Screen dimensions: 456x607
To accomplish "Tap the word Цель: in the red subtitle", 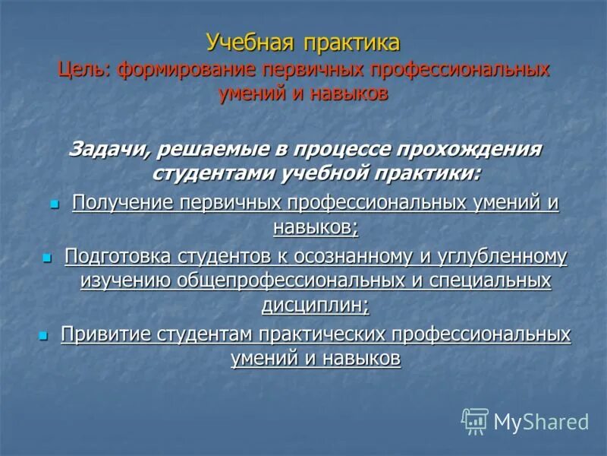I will pyautogui.click(x=82, y=70).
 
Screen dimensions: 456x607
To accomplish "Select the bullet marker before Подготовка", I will pyautogui.click(x=46, y=258).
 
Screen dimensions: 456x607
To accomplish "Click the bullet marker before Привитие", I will pyautogui.click(x=42, y=335).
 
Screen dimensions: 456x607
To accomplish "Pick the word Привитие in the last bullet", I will pyautogui.click(x=105, y=334).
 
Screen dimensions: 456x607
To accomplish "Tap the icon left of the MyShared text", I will pyautogui.click(x=475, y=420).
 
